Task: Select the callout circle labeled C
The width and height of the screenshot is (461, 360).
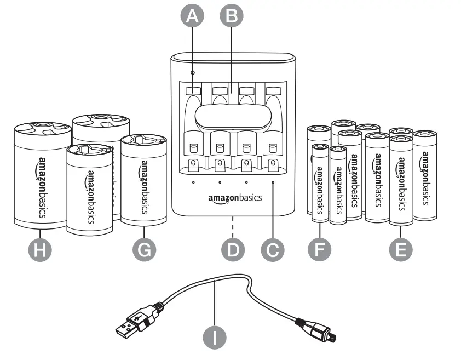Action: (x=272, y=250)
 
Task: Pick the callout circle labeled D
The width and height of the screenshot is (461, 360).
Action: (x=232, y=250)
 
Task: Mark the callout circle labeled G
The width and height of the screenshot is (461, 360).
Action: (x=144, y=250)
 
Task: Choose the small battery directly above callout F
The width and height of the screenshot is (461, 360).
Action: (x=319, y=184)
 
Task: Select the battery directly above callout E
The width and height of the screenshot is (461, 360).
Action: (x=401, y=184)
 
